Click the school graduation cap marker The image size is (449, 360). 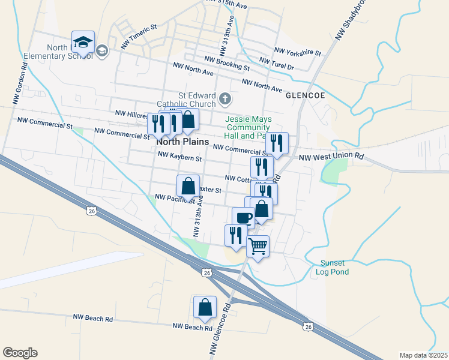(x=83, y=43)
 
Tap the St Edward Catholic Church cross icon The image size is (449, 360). (x=224, y=98)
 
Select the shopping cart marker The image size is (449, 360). (x=258, y=247)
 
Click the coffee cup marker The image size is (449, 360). (x=243, y=218)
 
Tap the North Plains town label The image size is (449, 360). (x=182, y=142)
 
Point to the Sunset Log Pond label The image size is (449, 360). (x=333, y=267)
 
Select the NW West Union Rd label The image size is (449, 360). (x=331, y=157)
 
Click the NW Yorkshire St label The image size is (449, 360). (x=297, y=52)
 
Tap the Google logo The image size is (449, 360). (x=20, y=353)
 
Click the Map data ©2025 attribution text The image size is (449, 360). (x=423, y=355)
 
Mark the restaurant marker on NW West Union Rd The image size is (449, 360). (x=277, y=143)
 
